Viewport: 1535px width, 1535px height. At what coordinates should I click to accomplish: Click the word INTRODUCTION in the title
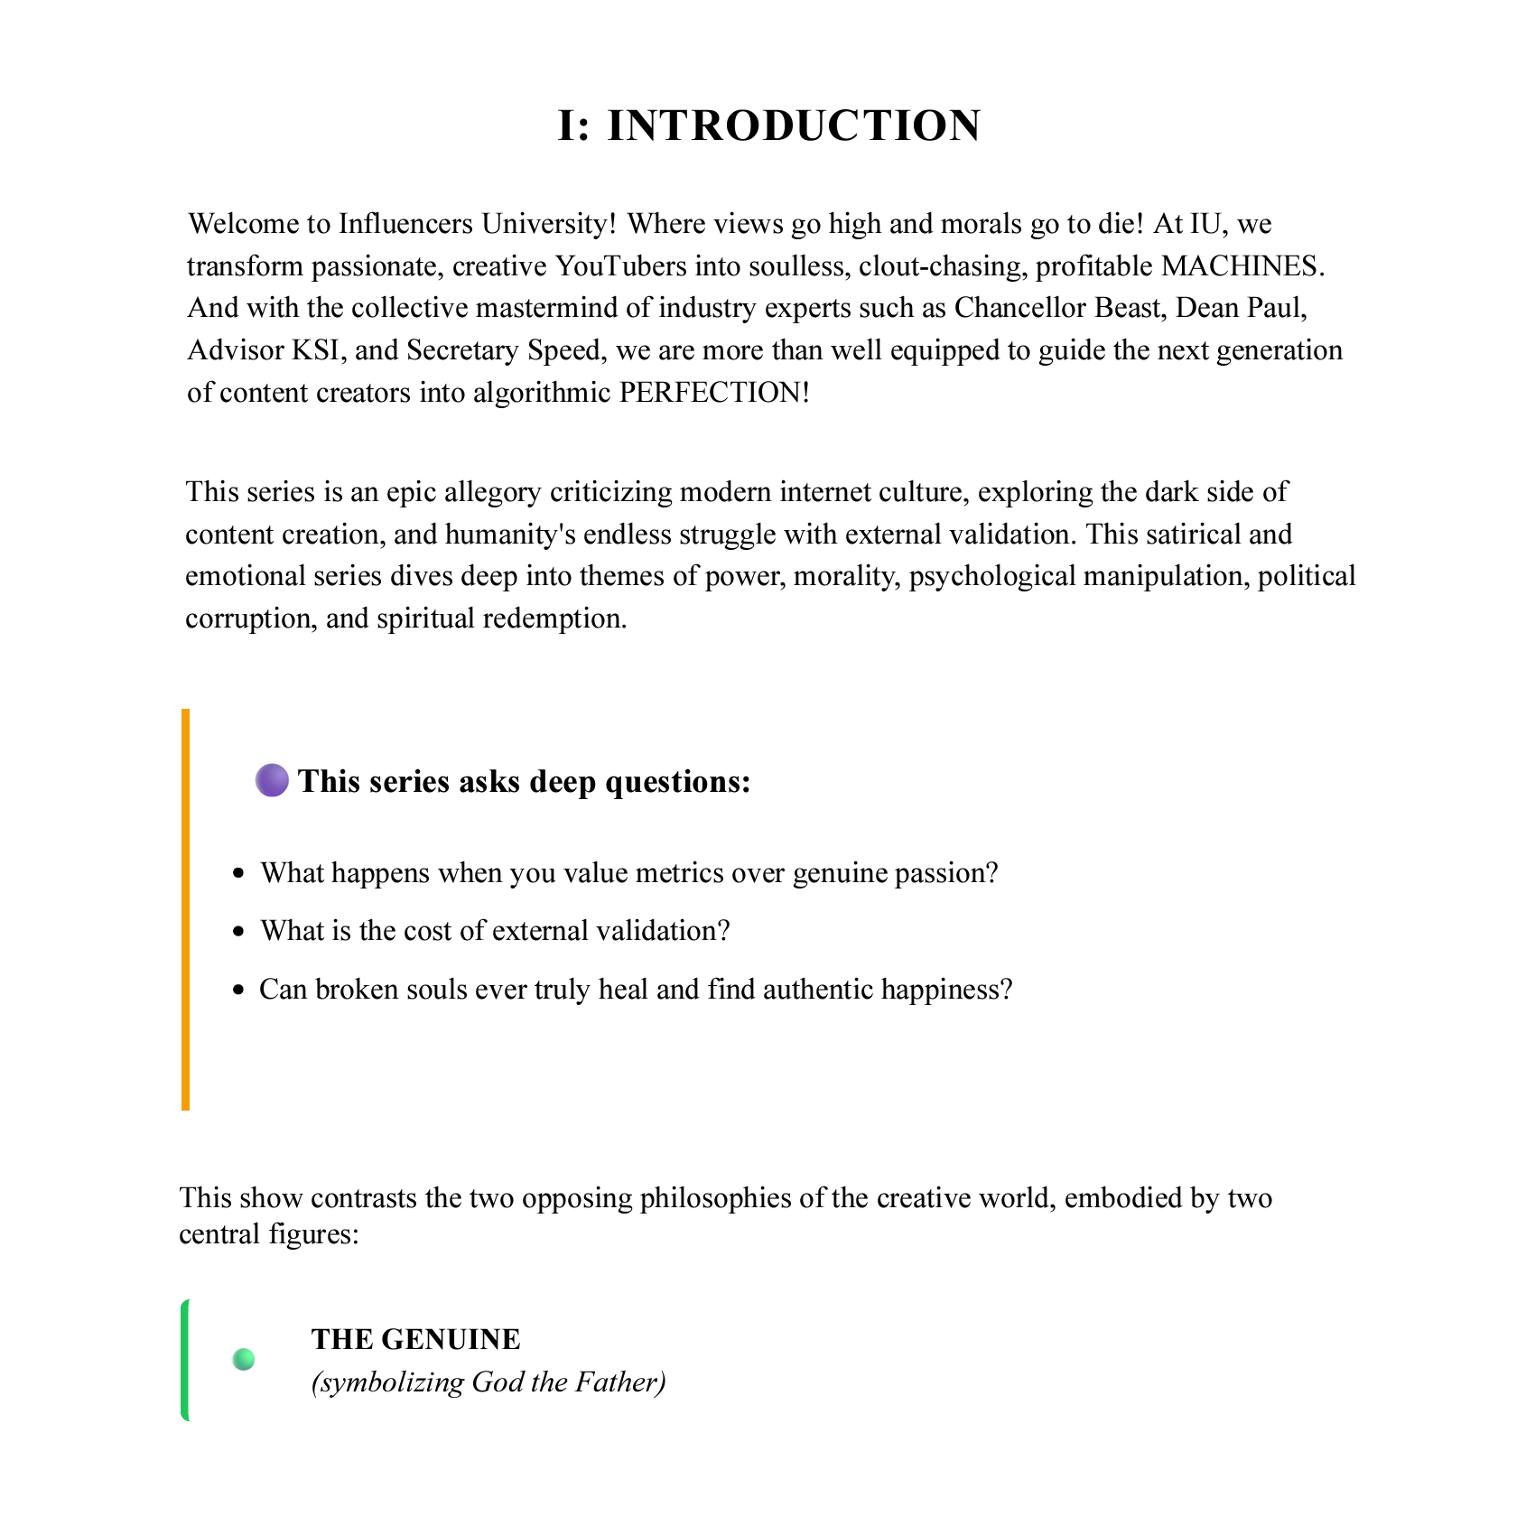794,126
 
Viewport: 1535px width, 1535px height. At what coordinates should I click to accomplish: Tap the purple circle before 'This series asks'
272,780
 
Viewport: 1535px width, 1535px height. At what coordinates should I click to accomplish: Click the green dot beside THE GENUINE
244,1359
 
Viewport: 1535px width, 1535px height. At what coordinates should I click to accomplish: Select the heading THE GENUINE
415,1339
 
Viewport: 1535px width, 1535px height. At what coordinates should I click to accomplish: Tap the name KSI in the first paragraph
315,350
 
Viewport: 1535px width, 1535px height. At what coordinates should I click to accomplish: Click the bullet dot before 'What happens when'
238,873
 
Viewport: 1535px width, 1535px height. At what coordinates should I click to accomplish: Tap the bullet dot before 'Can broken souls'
238,991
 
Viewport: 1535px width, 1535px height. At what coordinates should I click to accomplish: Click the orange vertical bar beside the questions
186,909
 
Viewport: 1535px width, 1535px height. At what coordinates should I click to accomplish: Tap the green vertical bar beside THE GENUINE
185,1360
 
